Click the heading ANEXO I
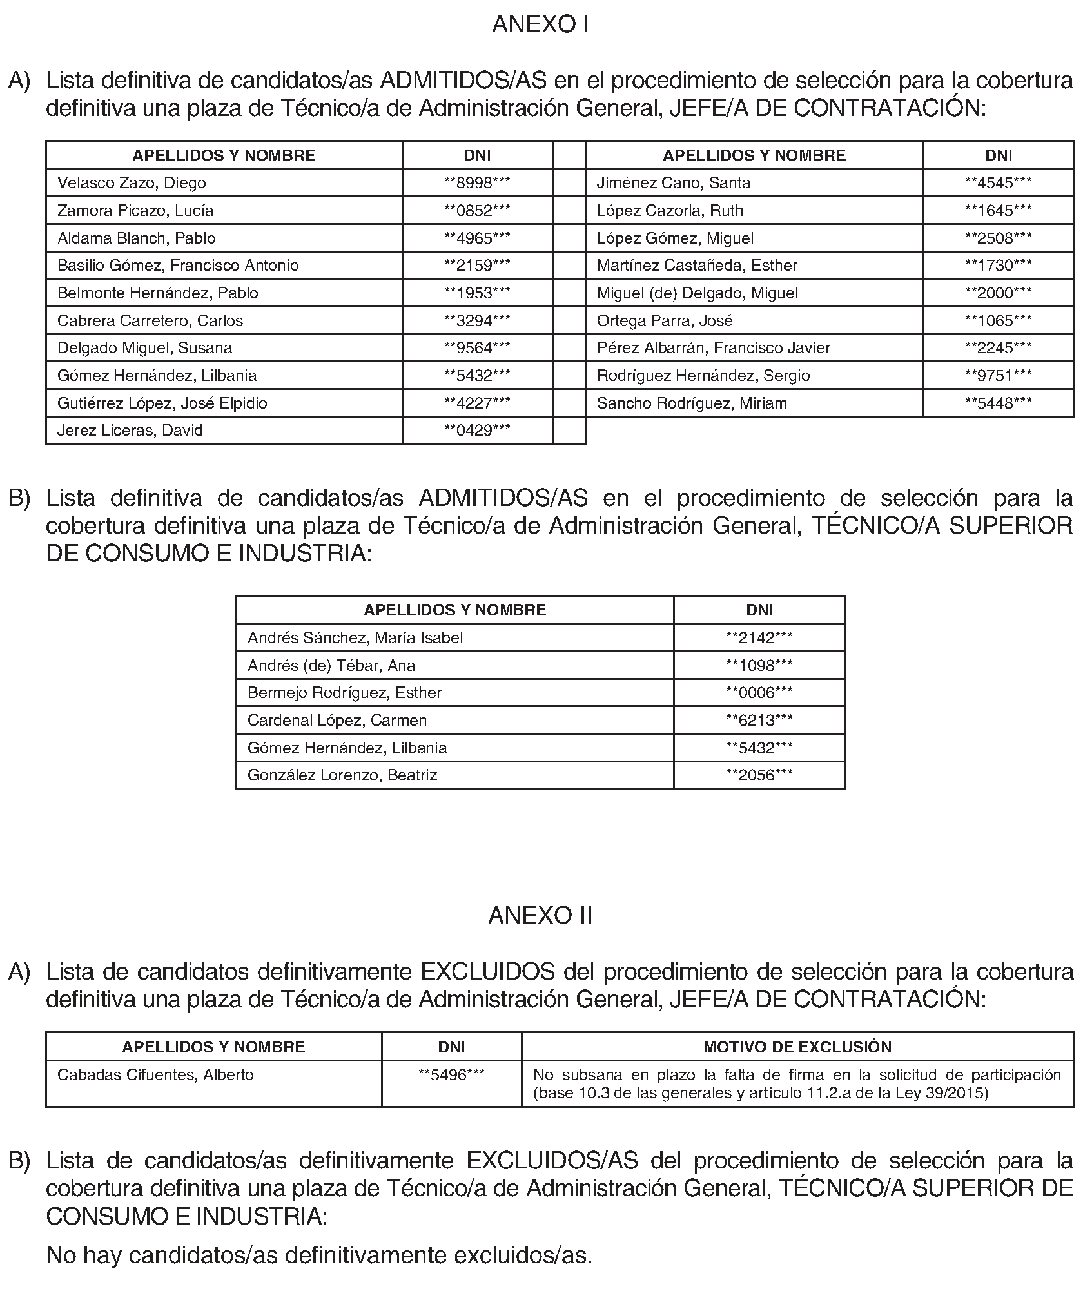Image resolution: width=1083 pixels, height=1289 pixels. (x=540, y=24)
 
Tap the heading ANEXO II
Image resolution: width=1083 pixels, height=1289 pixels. (x=540, y=916)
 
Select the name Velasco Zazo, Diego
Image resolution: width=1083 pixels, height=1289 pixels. (x=132, y=183)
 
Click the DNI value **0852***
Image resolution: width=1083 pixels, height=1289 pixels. (x=477, y=211)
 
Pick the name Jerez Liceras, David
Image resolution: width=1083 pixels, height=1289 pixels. (x=130, y=431)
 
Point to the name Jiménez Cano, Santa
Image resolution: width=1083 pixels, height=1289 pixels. (x=674, y=183)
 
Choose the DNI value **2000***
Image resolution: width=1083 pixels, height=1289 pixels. (x=998, y=293)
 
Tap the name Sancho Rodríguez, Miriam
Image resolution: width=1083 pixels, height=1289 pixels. (x=692, y=403)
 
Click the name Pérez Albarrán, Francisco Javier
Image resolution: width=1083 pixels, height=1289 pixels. (x=714, y=348)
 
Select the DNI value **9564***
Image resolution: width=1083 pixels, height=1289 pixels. (x=477, y=348)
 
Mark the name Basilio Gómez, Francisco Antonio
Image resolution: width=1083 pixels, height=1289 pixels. (x=178, y=266)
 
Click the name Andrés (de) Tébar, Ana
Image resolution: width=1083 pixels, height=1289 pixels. (x=331, y=666)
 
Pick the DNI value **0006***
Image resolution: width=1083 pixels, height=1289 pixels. (x=759, y=693)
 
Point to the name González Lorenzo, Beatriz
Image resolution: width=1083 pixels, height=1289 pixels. (x=342, y=775)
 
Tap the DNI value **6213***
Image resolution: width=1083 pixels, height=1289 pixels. (x=759, y=721)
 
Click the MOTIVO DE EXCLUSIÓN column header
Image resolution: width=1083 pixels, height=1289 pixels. (x=797, y=1047)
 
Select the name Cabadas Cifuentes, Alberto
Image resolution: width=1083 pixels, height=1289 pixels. (x=155, y=1075)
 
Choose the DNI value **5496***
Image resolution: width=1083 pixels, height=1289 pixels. (x=451, y=1075)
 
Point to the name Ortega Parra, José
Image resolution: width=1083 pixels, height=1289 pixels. (x=665, y=321)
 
